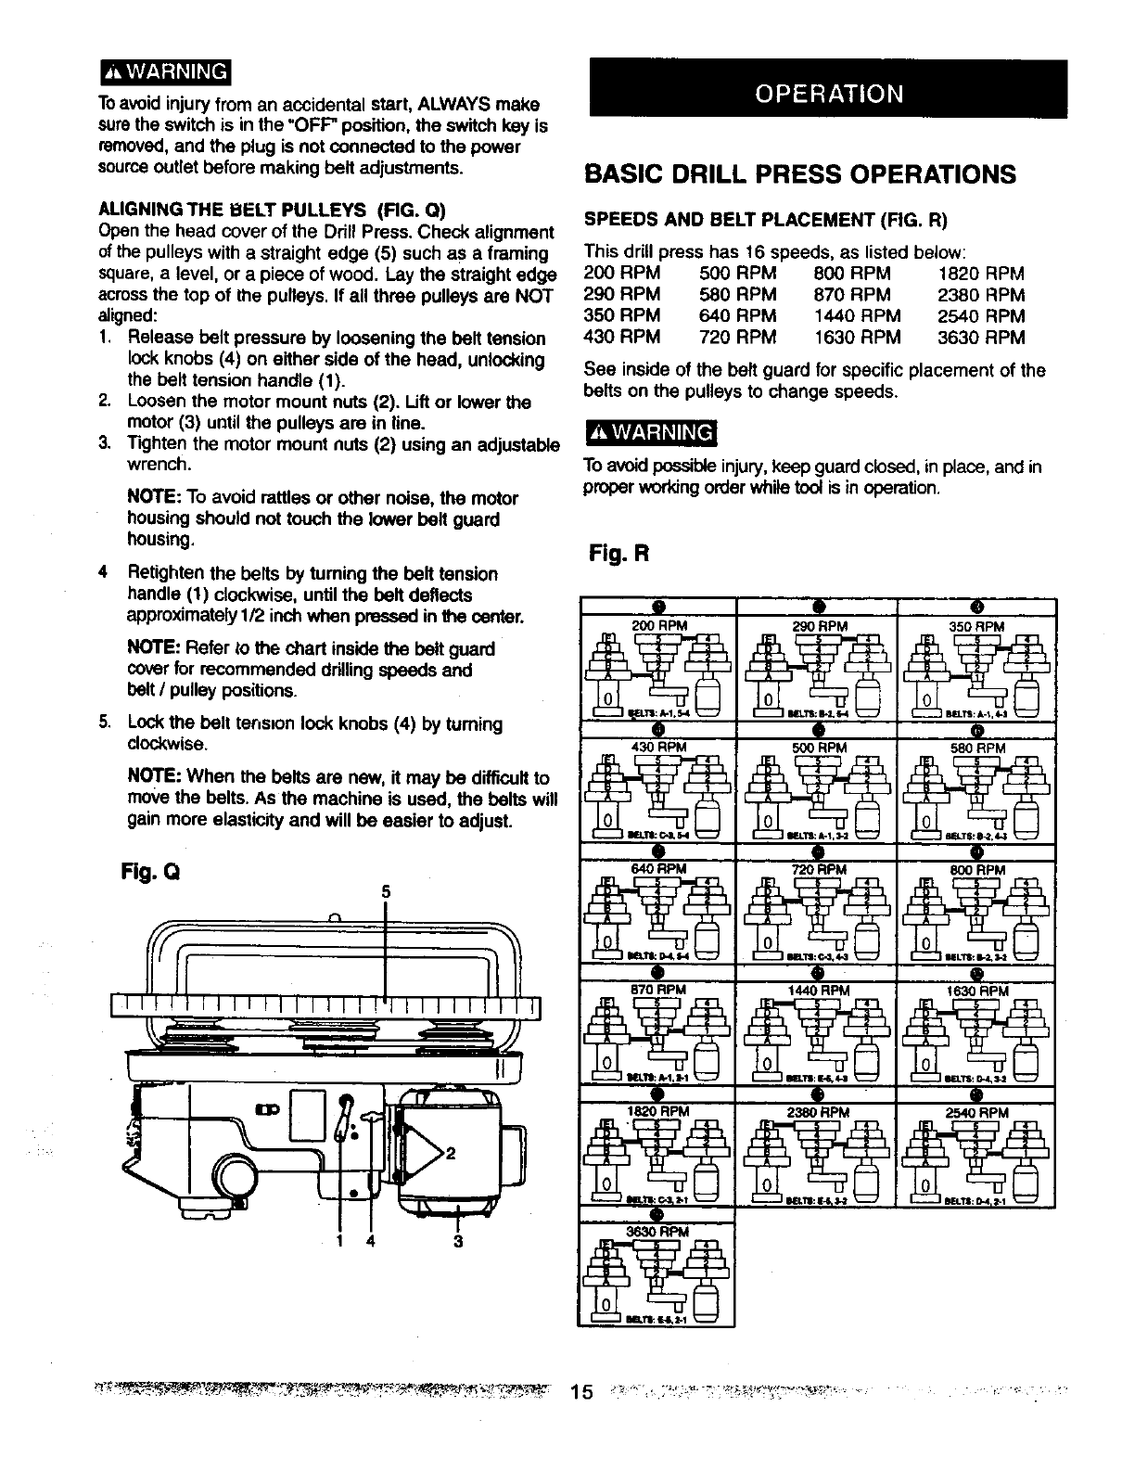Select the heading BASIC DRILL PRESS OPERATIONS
coord(799,175)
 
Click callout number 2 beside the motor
coord(452,1155)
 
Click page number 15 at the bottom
coord(581,1392)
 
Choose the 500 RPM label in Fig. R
coord(819,748)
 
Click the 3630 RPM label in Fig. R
coord(656,1233)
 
